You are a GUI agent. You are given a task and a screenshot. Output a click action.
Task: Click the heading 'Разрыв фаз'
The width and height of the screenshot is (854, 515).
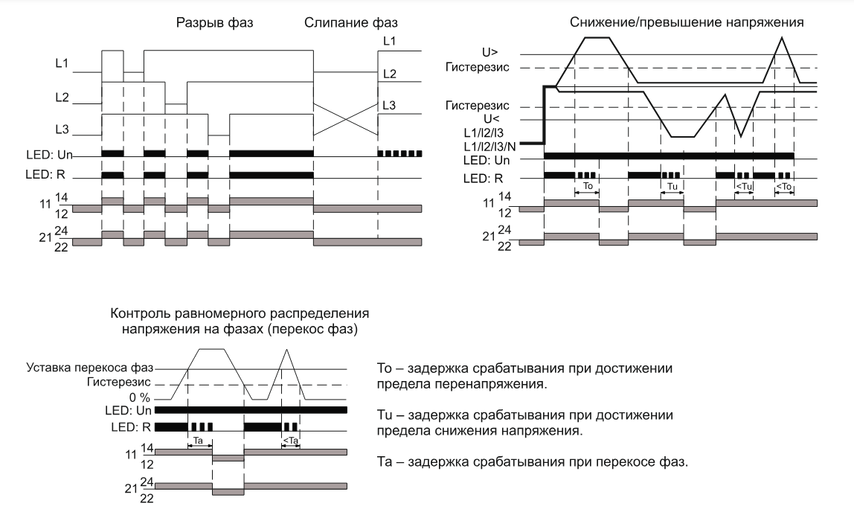pos(214,22)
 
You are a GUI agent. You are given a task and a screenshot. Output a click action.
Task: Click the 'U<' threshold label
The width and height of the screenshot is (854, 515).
pos(492,119)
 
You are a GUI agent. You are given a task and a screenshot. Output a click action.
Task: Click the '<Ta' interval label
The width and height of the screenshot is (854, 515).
pos(291,441)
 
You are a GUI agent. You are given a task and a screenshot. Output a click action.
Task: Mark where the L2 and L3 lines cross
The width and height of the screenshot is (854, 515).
pos(346,119)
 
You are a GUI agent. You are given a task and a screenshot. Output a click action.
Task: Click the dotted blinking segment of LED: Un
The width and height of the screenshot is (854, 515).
pos(399,153)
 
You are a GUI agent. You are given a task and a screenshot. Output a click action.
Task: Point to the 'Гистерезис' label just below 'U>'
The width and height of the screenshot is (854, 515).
pos(477,68)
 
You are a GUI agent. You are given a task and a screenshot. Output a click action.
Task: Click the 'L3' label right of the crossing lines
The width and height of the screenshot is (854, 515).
pos(388,106)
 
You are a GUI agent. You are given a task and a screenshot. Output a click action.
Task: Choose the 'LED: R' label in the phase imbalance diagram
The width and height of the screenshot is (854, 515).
pos(132,426)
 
